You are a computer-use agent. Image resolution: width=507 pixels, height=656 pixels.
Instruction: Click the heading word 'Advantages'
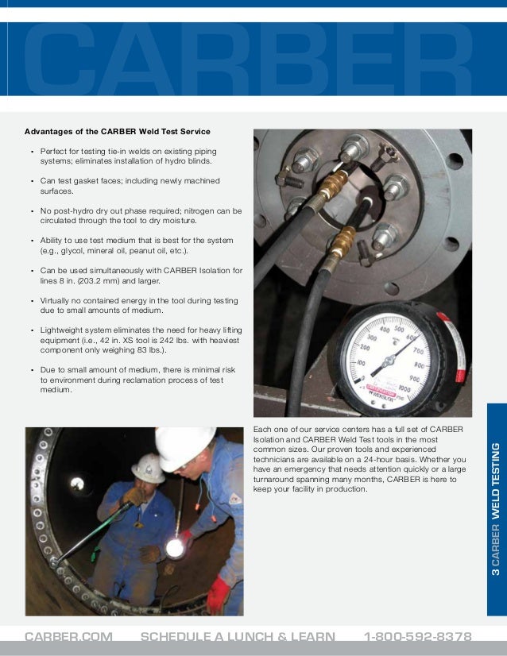click(x=50, y=131)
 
